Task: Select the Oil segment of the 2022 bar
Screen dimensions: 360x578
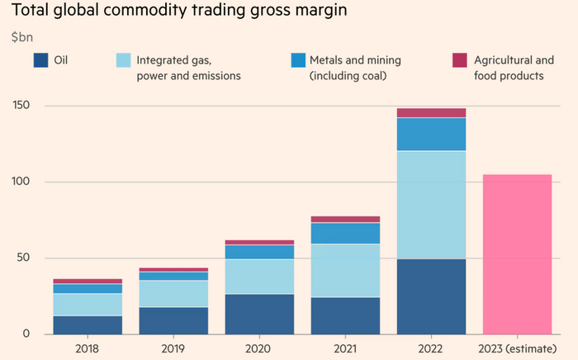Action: (431, 296)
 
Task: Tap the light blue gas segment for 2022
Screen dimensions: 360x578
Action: (431, 205)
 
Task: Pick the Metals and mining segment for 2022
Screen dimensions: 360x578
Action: (431, 134)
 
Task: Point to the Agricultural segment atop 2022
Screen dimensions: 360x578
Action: (431, 113)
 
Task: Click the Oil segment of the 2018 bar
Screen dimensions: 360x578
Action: (88, 324)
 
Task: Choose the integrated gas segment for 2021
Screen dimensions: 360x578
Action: (345, 271)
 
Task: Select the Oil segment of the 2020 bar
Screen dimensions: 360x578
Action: (259, 314)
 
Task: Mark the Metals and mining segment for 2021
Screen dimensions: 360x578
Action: (345, 233)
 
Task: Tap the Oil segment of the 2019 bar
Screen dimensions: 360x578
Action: (173, 320)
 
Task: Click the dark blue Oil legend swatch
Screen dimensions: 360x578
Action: (40, 60)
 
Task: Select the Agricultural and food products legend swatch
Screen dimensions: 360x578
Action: (460, 60)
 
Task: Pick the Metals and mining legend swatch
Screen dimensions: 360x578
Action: (299, 60)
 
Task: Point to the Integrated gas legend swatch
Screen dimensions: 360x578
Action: (123, 60)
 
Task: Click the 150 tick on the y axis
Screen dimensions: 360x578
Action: (22, 106)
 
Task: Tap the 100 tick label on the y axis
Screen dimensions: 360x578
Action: (22, 182)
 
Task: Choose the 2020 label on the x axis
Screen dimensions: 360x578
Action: (259, 348)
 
